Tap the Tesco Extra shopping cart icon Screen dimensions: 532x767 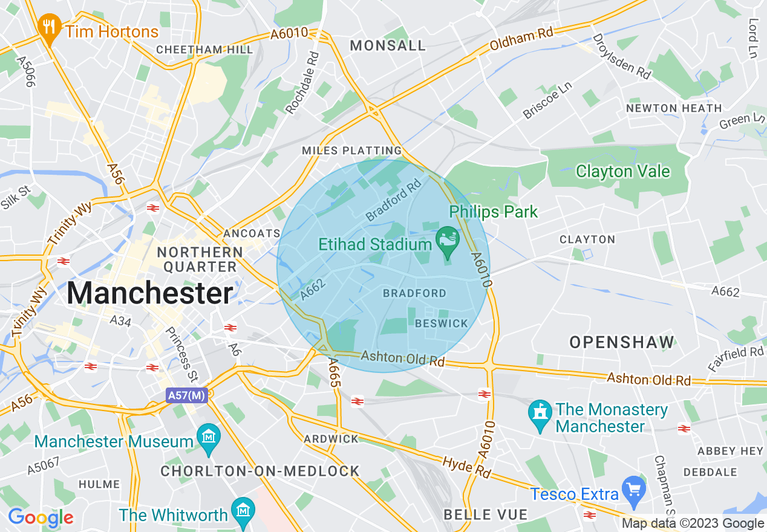tap(635, 491)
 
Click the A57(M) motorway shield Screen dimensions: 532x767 tap(186, 396)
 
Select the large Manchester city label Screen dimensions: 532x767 tap(149, 294)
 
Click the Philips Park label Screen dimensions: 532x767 tap(493, 212)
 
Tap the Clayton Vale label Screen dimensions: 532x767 tap(622, 171)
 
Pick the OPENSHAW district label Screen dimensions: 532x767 tap(621, 342)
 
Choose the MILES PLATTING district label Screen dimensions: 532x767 tap(352, 150)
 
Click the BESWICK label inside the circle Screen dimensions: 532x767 tap(442, 323)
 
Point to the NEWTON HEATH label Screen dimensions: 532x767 tap(674, 108)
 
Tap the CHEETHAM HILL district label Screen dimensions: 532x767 tap(204, 50)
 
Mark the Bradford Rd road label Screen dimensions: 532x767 tap(393, 198)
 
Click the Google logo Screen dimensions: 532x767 tap(41, 517)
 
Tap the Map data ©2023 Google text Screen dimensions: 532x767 tap(693, 524)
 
